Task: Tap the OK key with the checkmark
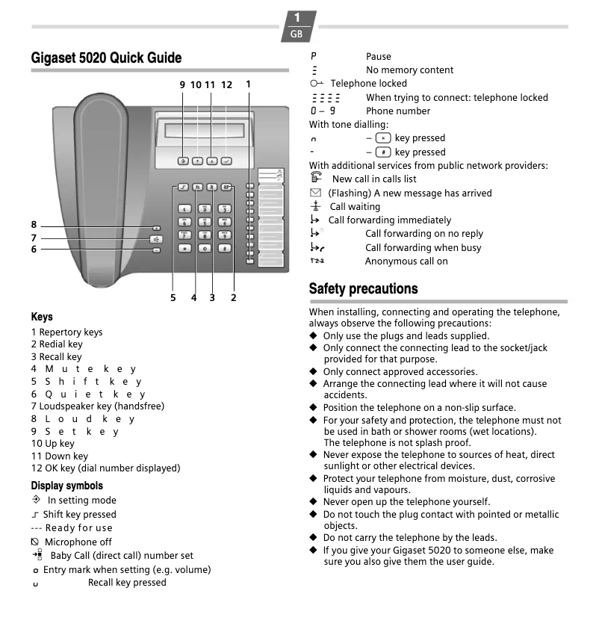pyautogui.click(x=227, y=161)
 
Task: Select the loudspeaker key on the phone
pyautogui.click(x=155, y=239)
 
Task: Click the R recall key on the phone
pyautogui.click(x=212, y=188)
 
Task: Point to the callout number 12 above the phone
pyautogui.click(x=226, y=85)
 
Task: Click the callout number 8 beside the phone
pyautogui.click(x=34, y=225)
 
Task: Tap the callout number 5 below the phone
pyautogui.click(x=173, y=297)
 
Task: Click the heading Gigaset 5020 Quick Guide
pyautogui.click(x=106, y=58)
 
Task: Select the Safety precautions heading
pyautogui.click(x=363, y=288)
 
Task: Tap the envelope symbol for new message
pyautogui.click(x=314, y=193)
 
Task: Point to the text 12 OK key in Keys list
pyautogui.click(x=105, y=468)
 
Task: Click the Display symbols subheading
pyautogui.click(x=67, y=486)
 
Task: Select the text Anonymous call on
pyautogui.click(x=406, y=261)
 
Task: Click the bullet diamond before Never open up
pyautogui.click(x=314, y=502)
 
